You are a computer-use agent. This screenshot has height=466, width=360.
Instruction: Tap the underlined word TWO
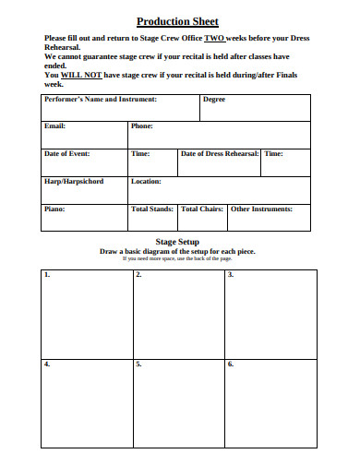[x=214, y=38]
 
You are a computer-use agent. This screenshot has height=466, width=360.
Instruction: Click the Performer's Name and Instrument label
[x=100, y=99]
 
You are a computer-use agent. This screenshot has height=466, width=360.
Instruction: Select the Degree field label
[x=213, y=99]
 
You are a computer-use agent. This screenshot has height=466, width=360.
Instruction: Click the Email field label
[x=54, y=125]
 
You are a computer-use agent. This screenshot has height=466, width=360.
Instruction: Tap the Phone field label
[x=142, y=125]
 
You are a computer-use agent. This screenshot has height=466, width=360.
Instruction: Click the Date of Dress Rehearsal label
[x=220, y=154]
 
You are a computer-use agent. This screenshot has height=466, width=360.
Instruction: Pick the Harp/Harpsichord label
[x=74, y=182]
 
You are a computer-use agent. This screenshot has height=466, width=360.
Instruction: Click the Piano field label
[x=54, y=209]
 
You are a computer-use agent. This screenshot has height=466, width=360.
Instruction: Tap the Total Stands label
[x=152, y=209]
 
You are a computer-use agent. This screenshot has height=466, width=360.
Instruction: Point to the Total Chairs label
[x=202, y=209]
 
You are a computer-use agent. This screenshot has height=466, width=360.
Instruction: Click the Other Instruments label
[x=261, y=209]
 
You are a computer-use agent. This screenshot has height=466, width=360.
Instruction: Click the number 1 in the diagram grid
[x=47, y=275]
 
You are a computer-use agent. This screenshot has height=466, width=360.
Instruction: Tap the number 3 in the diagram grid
[x=231, y=275]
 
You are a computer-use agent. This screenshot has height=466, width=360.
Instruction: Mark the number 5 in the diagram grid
[x=138, y=364]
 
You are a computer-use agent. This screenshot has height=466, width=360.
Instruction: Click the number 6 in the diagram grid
[x=231, y=364]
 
